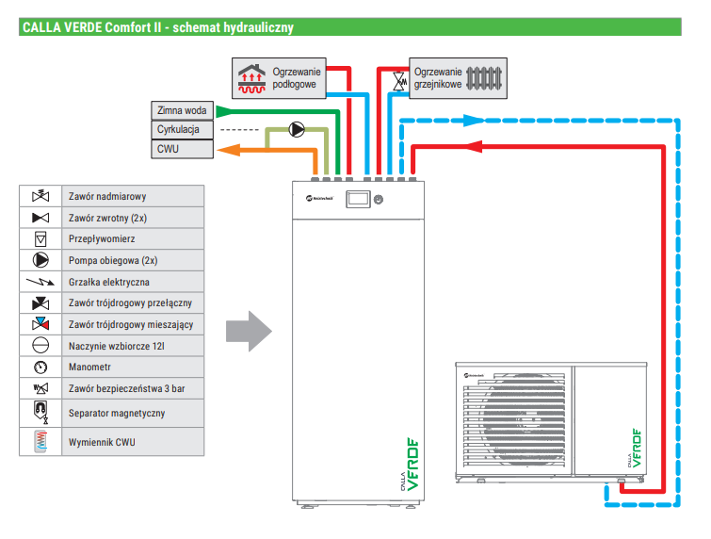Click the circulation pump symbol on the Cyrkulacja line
point(297,129)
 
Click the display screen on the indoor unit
point(358,199)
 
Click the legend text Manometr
point(88,367)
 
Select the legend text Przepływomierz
point(100,239)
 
